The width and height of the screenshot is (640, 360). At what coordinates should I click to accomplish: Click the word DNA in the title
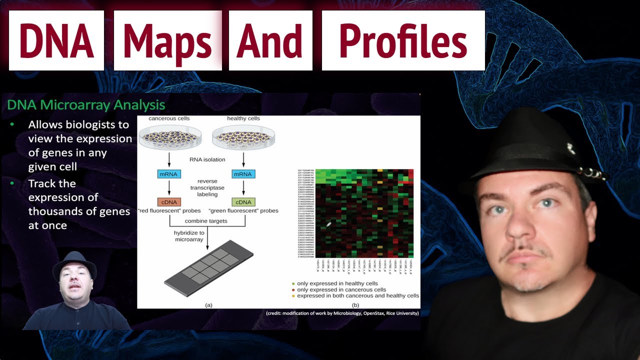(56, 40)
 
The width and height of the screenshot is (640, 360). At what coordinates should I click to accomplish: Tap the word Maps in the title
(167, 40)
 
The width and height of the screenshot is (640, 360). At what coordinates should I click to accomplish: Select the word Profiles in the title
(403, 40)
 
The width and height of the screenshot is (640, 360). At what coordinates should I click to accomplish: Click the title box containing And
(270, 40)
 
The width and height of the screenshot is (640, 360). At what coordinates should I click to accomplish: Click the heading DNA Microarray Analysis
(86, 105)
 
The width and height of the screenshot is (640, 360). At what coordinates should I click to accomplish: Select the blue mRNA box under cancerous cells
(169, 174)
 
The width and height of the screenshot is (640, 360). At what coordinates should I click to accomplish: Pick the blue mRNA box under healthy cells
(243, 174)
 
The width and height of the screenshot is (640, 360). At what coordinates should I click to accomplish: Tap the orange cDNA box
(169, 202)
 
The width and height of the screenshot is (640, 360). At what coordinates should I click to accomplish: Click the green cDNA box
(243, 202)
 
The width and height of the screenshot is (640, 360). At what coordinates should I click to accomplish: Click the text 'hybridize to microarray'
(189, 236)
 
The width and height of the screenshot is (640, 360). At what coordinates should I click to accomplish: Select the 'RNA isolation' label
(207, 159)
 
